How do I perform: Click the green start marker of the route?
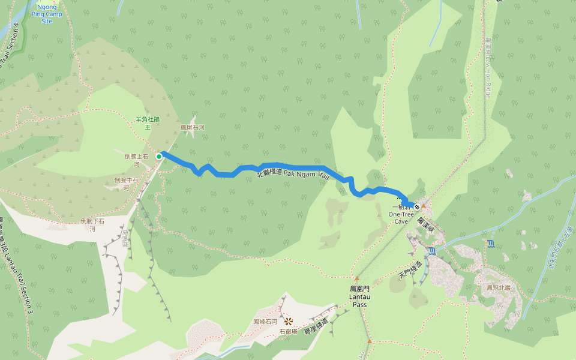tap(159, 157)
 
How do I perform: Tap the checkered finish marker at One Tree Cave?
tap(417, 207)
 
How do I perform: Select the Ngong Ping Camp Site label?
tap(47, 14)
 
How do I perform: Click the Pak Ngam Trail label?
tap(294, 173)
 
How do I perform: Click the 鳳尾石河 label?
tap(193, 128)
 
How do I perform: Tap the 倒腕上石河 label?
tap(136, 160)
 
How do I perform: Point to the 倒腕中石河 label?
tap(126, 184)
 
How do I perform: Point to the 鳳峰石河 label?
tap(265, 322)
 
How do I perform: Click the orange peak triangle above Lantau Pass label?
tap(356, 278)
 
